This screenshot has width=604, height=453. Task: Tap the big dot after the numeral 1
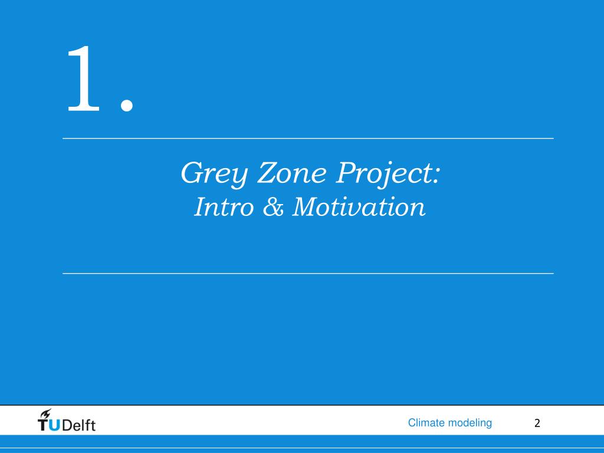click(126, 104)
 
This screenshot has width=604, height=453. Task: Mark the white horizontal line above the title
click(308, 139)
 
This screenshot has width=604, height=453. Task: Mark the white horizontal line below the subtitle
click(308, 274)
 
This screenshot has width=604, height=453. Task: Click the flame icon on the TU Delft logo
click(45, 413)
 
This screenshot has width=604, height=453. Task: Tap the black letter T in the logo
click(44, 425)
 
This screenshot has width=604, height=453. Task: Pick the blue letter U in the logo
click(54, 425)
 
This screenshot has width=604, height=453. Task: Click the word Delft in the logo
click(78, 425)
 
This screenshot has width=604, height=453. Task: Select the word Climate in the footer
click(426, 422)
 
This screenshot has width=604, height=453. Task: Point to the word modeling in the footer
click(470, 423)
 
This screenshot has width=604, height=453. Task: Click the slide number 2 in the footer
click(537, 423)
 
